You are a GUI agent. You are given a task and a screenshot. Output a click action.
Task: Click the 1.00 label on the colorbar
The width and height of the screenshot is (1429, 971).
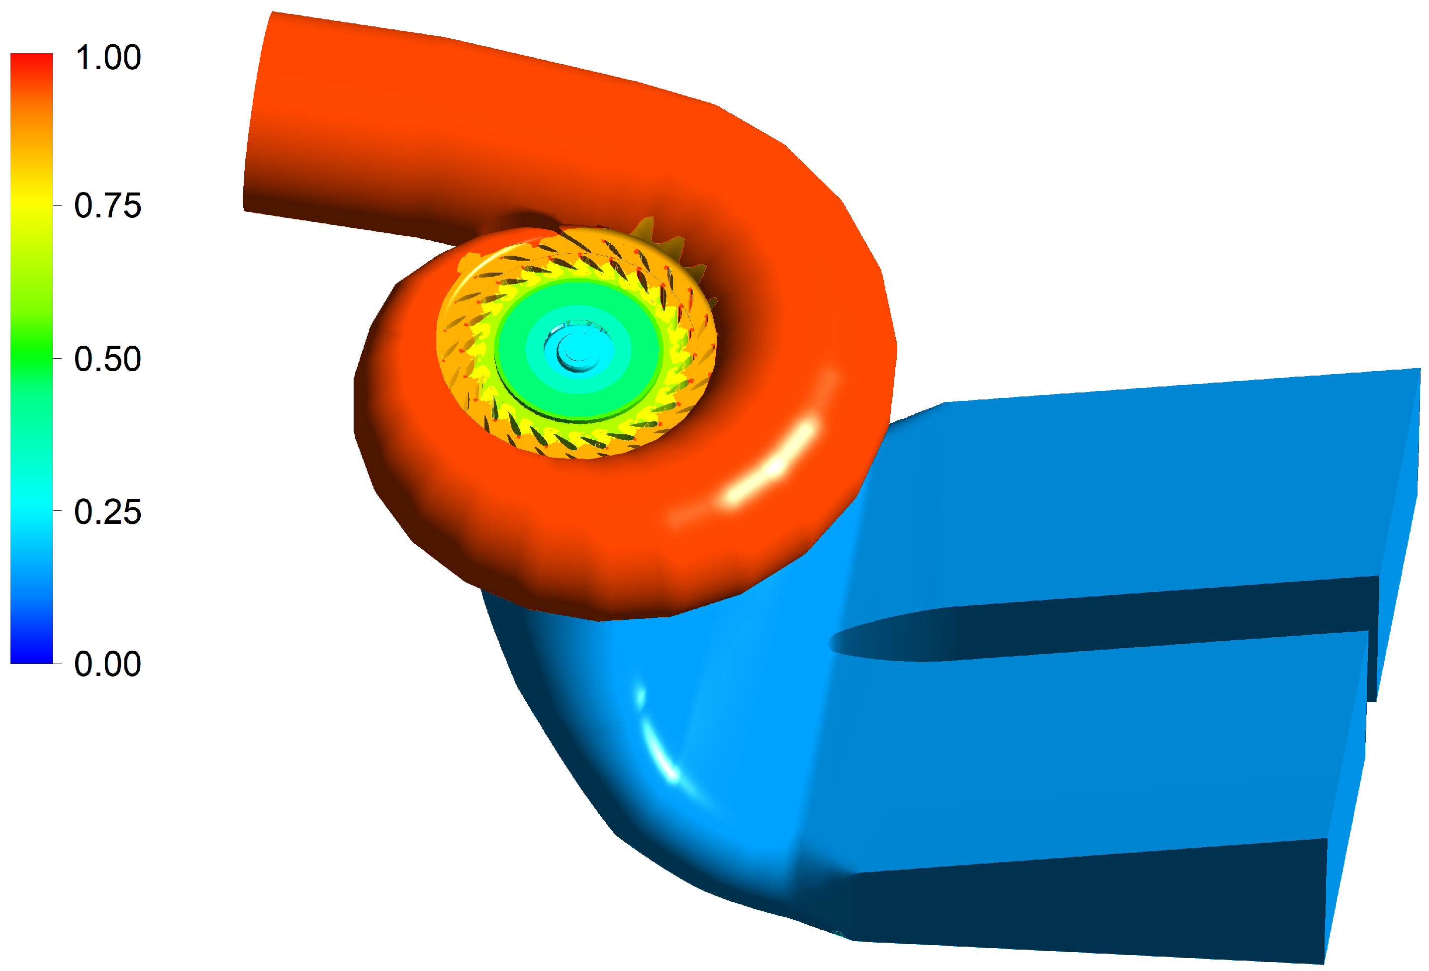pyautogui.click(x=107, y=57)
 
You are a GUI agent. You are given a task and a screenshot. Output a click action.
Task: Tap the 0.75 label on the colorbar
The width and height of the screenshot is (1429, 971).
pyautogui.click(x=107, y=205)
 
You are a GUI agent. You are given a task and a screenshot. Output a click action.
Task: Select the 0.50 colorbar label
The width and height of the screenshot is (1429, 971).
pyautogui.click(x=107, y=359)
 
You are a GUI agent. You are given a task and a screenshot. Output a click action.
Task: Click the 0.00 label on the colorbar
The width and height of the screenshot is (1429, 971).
pyautogui.click(x=107, y=664)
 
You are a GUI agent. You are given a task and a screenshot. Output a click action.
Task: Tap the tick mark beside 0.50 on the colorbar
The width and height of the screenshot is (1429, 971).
pyautogui.click(x=57, y=358)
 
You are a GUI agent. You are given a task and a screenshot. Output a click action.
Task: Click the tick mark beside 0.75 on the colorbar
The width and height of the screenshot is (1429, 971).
pyautogui.click(x=57, y=205)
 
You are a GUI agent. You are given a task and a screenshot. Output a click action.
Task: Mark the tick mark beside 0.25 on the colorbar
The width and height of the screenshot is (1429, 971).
pyautogui.click(x=57, y=510)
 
